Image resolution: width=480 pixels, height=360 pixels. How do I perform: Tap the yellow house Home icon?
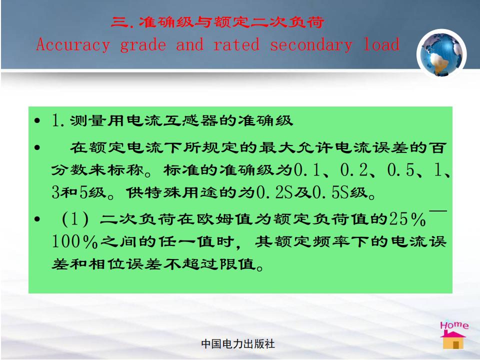tap(453, 340)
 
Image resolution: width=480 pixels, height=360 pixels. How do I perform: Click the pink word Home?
tap(454, 325)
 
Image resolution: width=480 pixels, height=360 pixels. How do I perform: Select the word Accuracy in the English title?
tap(73, 45)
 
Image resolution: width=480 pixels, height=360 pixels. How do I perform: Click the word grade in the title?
tap(143, 45)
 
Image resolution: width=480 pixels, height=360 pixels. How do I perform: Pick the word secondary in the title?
tap(311, 45)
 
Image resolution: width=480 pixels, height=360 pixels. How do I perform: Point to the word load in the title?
tap(381, 44)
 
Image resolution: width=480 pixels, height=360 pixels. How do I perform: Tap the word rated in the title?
tap(236, 44)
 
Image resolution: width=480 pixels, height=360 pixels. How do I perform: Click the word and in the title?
tap(190, 44)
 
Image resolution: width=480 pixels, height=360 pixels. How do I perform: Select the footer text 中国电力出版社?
tap(238, 344)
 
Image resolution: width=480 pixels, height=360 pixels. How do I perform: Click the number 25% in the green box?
tap(407, 219)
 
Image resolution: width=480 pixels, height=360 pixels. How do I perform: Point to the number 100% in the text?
tap(74, 241)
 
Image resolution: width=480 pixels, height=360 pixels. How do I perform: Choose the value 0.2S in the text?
tap(274, 192)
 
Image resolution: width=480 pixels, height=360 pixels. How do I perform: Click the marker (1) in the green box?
tap(75, 219)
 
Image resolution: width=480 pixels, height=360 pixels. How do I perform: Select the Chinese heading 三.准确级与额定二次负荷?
tap(217, 22)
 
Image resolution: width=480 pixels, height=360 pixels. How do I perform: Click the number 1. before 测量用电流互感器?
tap(58, 120)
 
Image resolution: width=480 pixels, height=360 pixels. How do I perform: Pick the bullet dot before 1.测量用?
tap(37, 120)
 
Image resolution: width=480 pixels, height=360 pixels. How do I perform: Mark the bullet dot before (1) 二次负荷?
tap(37, 219)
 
